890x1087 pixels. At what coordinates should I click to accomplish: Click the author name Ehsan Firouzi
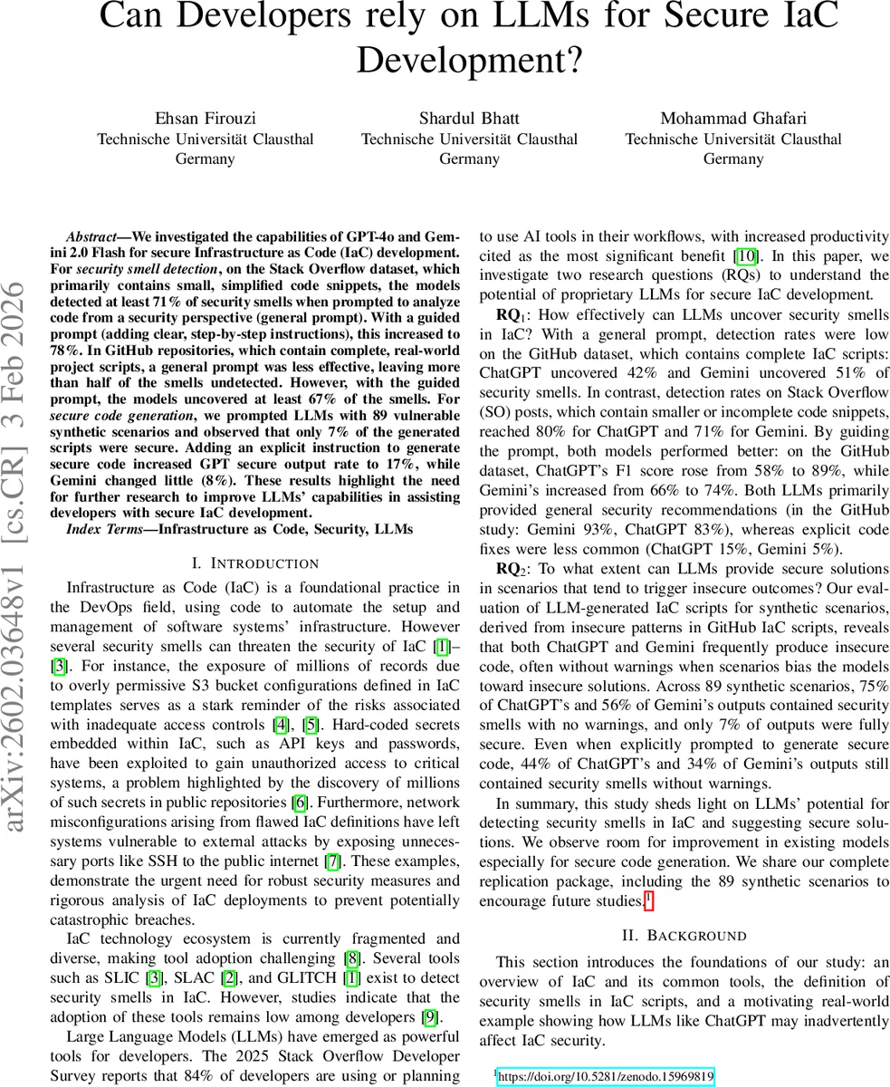click(206, 118)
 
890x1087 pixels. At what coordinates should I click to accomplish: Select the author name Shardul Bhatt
click(469, 118)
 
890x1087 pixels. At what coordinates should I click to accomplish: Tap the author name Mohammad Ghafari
click(732, 118)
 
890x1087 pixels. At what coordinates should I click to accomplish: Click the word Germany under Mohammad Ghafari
click(732, 159)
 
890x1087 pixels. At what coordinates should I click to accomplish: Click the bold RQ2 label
click(510, 569)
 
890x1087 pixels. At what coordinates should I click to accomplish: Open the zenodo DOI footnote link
click(606, 1077)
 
